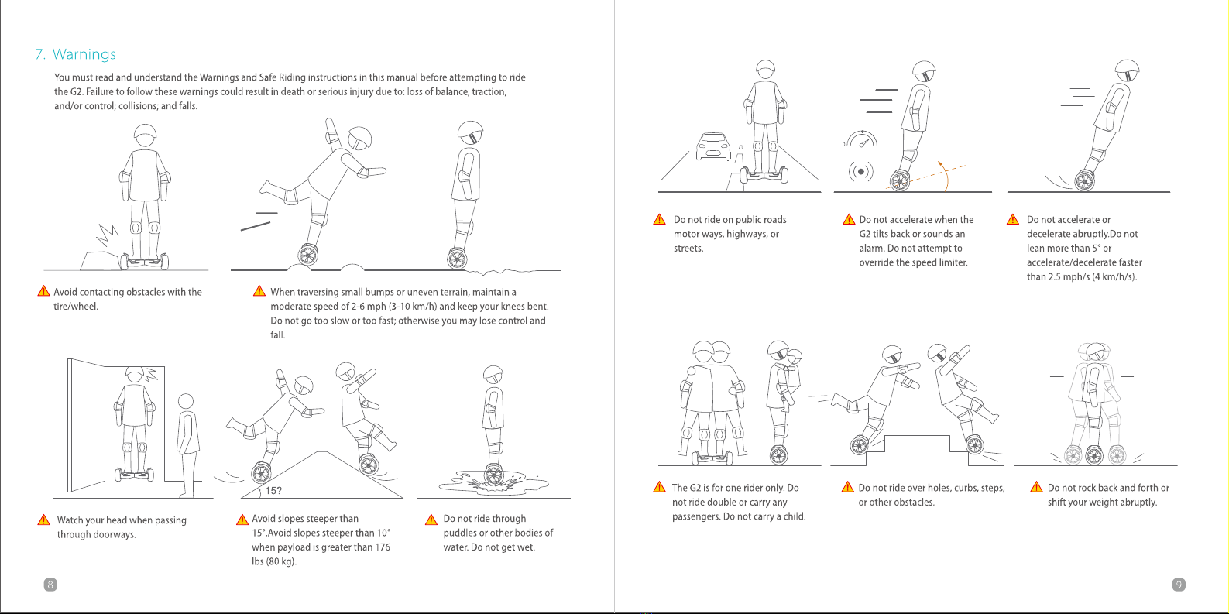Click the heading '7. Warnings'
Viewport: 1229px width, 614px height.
(76, 53)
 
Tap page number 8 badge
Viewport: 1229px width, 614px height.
(50, 585)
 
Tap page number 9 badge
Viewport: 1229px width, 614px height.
(1178, 585)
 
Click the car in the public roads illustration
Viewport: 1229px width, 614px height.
(713, 146)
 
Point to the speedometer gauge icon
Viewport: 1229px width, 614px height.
(861, 139)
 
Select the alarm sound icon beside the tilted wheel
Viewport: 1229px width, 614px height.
(861, 172)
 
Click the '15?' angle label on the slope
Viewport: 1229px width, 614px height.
(273, 491)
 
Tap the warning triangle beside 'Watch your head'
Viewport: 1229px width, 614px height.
(43, 520)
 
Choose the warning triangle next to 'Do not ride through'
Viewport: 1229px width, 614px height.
(431, 519)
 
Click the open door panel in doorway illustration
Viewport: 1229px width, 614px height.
(86, 425)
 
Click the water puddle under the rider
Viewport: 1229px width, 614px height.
(493, 484)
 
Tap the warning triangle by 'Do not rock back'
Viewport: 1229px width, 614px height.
(1036, 487)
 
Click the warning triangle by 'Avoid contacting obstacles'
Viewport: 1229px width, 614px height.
(43, 291)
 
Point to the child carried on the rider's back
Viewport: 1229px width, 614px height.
(792, 379)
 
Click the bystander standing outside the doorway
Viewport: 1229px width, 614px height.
(187, 444)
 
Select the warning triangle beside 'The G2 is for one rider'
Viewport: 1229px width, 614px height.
(660, 487)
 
